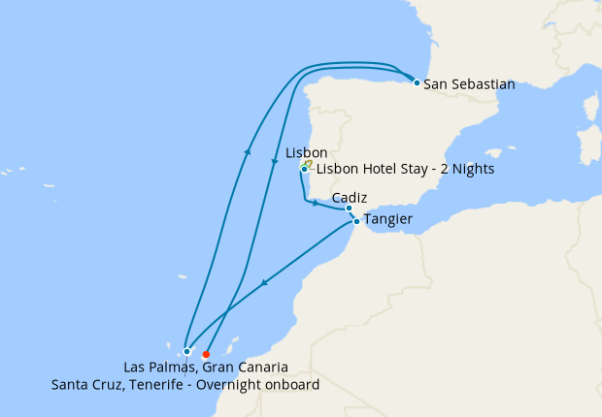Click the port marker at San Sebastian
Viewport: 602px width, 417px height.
point(417,82)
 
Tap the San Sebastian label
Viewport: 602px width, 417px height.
point(469,83)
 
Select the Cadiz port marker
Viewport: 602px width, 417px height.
point(349,208)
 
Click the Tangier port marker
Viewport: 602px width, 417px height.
point(356,222)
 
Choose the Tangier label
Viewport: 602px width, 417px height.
point(387,220)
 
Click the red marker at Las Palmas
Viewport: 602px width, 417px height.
point(206,354)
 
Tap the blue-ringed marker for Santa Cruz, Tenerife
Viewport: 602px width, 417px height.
point(186,351)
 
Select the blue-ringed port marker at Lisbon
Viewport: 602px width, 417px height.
point(304,170)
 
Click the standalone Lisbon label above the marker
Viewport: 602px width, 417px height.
point(307,153)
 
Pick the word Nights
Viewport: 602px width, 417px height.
point(471,169)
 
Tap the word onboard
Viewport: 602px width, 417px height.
point(293,385)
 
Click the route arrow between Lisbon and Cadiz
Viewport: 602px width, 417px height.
point(315,203)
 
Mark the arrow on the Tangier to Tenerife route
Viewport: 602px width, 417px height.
point(265,282)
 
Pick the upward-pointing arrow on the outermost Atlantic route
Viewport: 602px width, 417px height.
point(249,151)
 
